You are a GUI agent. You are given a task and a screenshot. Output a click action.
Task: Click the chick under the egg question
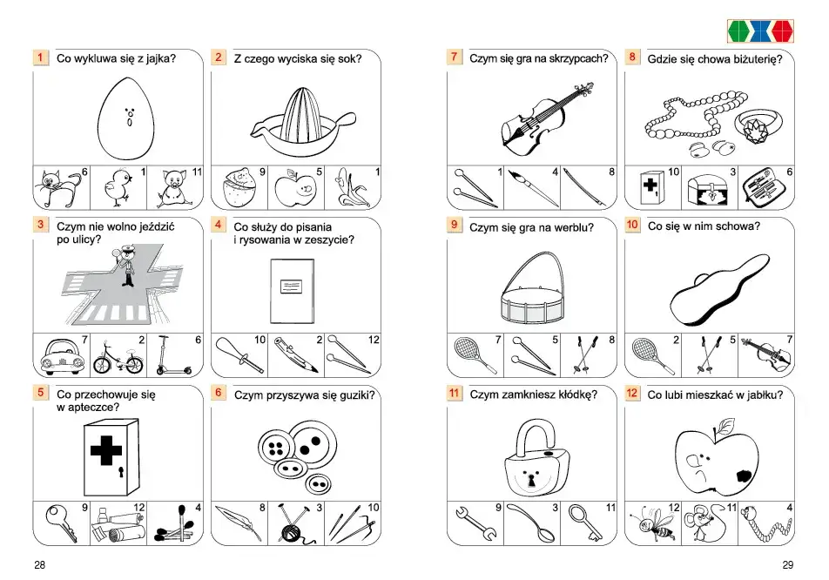(x=117, y=188)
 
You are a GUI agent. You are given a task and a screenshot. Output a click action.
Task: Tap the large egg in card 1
(x=126, y=118)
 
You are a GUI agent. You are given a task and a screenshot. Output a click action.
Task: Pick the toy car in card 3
(x=62, y=356)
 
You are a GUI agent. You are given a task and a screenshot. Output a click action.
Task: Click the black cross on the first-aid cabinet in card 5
(x=105, y=451)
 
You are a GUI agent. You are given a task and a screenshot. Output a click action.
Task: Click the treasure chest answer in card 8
(x=709, y=191)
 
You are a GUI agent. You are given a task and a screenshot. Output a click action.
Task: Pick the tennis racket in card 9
(x=473, y=354)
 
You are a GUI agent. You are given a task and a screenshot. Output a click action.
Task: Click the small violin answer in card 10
(x=766, y=354)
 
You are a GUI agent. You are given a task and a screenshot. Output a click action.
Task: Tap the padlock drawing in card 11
(x=536, y=457)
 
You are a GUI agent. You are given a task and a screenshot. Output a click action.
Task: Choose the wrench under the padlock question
(x=475, y=523)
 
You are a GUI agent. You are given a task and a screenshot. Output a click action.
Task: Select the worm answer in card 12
(x=765, y=523)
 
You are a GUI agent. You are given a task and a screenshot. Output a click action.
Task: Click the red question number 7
(x=454, y=57)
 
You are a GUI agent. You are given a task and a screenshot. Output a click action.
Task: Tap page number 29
(x=788, y=564)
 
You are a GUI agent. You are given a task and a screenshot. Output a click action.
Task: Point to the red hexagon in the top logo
(x=783, y=31)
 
